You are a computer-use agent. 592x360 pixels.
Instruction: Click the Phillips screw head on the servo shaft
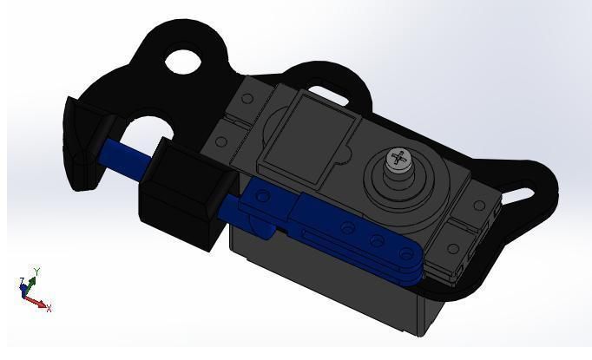click(398, 160)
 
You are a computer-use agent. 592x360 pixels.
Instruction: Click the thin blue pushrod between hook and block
click(127, 157)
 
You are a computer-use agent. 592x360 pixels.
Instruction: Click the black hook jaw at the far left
click(80, 144)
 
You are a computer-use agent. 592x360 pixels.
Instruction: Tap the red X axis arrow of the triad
click(38, 303)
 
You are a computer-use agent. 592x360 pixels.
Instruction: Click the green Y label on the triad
click(37, 272)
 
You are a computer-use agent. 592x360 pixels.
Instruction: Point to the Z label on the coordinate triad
click(22, 281)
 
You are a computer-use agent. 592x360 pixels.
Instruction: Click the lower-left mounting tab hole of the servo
click(221, 142)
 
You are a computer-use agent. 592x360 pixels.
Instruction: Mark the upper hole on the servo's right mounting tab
click(477, 206)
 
